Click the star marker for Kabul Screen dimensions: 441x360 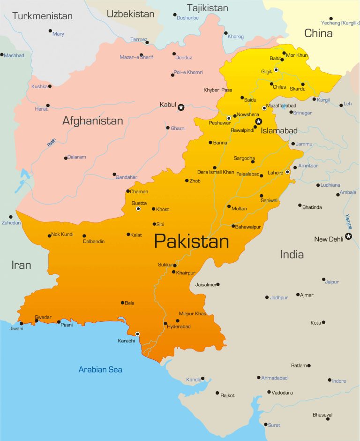point(181,107)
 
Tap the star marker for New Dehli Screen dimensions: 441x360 point(348,236)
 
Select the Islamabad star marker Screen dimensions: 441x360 point(258,122)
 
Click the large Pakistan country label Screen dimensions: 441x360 point(191,242)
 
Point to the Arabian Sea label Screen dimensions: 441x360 point(100,370)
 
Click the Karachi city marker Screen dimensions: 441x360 point(137,334)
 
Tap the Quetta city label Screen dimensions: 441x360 point(139,203)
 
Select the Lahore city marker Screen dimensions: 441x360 point(287,172)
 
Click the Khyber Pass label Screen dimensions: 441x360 point(218,90)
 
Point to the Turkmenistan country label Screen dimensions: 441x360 point(43,16)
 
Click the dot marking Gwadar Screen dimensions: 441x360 point(37,321)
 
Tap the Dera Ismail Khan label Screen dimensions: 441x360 point(216,172)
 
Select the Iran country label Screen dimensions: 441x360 point(21,265)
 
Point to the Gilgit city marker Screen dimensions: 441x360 point(276,70)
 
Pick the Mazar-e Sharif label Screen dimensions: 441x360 point(136,57)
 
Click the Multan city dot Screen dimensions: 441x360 point(229,206)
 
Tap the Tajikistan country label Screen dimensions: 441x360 point(208,8)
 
